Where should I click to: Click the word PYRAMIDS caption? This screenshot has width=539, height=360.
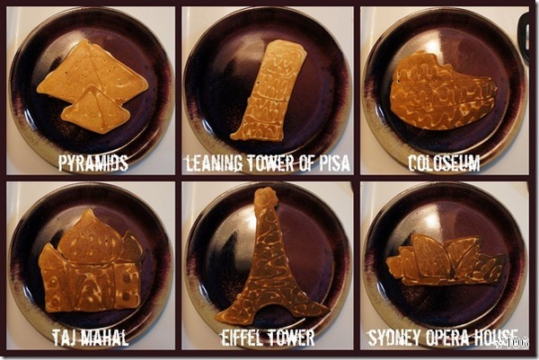(x=93, y=162)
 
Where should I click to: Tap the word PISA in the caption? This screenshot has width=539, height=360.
(x=334, y=162)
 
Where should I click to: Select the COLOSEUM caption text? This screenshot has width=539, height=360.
(x=444, y=162)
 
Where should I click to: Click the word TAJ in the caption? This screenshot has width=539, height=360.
(x=65, y=338)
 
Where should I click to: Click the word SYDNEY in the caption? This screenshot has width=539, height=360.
(x=395, y=338)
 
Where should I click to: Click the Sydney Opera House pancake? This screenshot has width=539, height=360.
(x=446, y=261)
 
